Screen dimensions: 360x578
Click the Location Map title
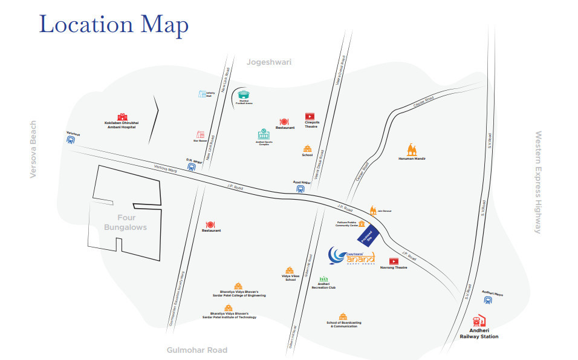tap(114, 25)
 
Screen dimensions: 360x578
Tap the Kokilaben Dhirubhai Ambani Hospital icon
tap(123, 116)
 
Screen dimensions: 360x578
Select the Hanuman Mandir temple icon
tap(412, 149)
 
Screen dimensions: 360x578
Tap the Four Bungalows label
tap(125, 223)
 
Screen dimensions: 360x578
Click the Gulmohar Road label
tap(197, 350)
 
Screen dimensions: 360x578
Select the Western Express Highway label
tap(537, 182)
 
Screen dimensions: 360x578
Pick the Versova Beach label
tap(34, 149)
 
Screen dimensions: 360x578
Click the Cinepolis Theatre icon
tap(310, 116)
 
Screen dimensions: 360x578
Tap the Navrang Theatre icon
tap(394, 261)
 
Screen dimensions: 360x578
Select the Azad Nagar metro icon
tap(300, 188)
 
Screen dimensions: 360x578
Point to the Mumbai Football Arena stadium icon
tap(244, 95)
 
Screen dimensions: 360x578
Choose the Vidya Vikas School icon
tap(290, 270)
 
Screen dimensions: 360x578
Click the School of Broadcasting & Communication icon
tap(343, 316)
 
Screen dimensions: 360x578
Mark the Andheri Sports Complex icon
tap(264, 134)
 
